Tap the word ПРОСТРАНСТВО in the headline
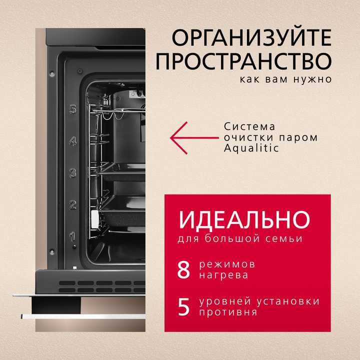pos(243,61)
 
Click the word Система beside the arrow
pos(249,127)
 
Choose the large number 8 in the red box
pos(184,269)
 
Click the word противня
pos(227,312)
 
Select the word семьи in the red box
pos(285,238)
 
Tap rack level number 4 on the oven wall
pos(73,141)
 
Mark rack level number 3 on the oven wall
pos(73,173)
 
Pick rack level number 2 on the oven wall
pos(72,204)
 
